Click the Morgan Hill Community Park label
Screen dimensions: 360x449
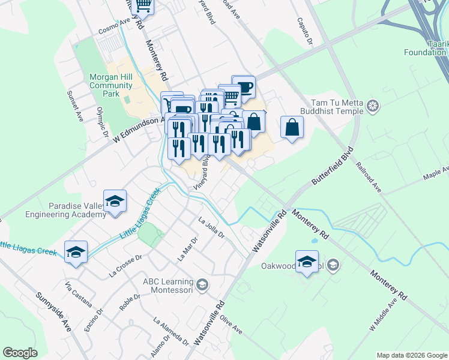(110, 85)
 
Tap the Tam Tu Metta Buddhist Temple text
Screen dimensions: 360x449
(336, 107)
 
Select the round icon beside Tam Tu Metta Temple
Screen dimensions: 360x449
(373, 107)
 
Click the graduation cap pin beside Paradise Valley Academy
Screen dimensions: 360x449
(115, 202)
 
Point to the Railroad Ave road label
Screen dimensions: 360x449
(369, 176)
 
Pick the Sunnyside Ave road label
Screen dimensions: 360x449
(61, 312)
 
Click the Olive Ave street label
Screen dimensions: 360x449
(231, 324)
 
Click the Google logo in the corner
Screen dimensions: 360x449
(20, 353)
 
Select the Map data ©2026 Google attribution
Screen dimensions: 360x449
(411, 355)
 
